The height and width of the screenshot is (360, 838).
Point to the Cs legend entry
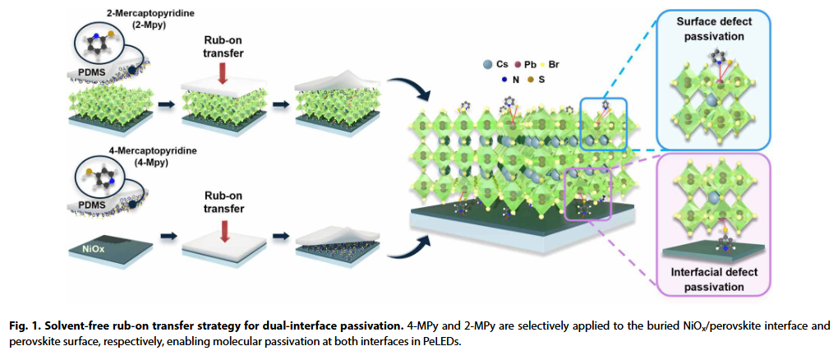(493, 63)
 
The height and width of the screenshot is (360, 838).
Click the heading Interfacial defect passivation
(717, 280)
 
